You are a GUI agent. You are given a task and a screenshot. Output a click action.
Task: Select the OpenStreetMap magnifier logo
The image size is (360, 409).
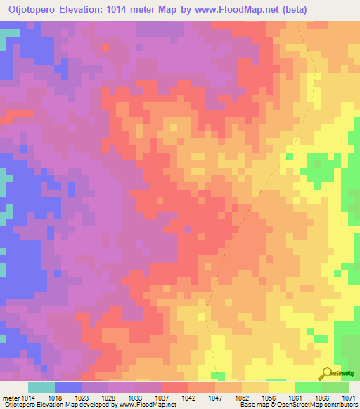[x=326, y=372]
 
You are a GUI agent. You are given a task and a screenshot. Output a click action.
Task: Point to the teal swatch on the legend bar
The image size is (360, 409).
[x=41, y=387]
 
